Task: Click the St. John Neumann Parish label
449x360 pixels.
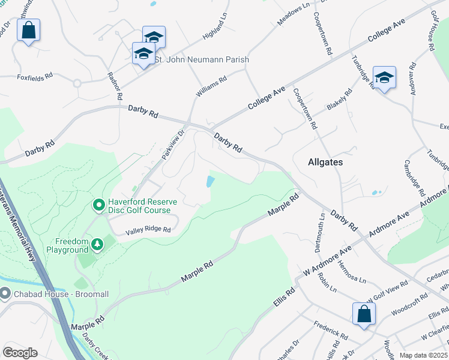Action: click(202, 60)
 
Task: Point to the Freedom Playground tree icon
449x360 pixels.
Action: click(96, 245)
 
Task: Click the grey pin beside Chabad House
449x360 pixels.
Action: click(5, 293)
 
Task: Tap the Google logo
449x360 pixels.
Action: click(20, 352)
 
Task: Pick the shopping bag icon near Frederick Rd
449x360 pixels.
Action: click(364, 314)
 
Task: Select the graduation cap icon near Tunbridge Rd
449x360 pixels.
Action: click(384, 78)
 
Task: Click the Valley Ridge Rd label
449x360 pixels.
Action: click(148, 230)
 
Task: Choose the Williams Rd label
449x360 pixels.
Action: click(211, 87)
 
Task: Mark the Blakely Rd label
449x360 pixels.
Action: click(337, 101)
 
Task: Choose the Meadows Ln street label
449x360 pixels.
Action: click(294, 14)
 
